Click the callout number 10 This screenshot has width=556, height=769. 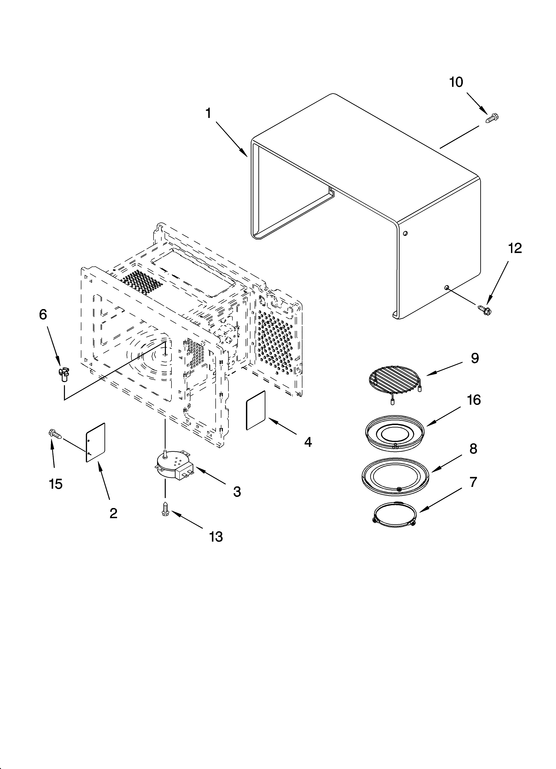(x=456, y=82)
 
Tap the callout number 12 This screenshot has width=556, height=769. (x=515, y=249)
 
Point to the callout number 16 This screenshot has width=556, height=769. (x=474, y=400)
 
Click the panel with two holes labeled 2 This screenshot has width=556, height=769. (x=95, y=442)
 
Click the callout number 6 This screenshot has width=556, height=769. (x=43, y=315)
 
